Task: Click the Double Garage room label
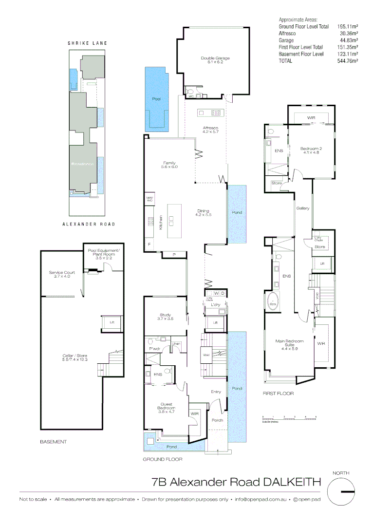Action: coord(215,60)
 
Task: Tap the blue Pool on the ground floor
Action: coord(156,100)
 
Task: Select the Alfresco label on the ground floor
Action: coord(211,129)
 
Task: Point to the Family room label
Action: coord(169,165)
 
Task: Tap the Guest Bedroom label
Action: coord(167,407)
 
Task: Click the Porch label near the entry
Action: coord(217,420)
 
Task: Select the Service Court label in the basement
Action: coord(59,274)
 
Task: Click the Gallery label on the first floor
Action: coord(303,208)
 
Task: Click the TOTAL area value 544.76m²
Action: coord(348,61)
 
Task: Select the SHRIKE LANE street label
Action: coord(87,43)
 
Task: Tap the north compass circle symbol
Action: coord(341,491)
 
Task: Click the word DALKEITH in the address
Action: coord(292,482)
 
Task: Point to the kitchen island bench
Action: coord(173,221)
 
